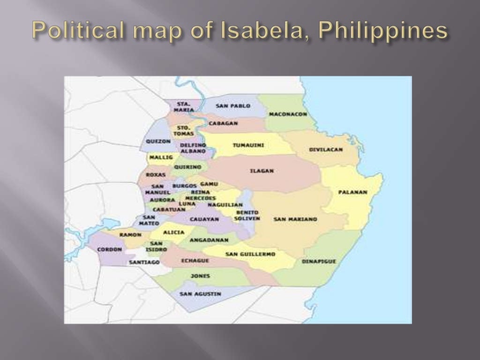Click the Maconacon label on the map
[x=288, y=114]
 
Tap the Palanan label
[x=352, y=192]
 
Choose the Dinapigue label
[x=319, y=261]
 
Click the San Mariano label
[x=295, y=219]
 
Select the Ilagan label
[x=262, y=171]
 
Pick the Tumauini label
[x=248, y=145]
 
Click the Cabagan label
[x=223, y=123]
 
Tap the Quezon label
[x=158, y=141]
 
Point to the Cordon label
[x=109, y=249]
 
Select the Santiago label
[x=144, y=262]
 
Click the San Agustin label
[x=200, y=294]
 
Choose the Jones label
[x=201, y=276]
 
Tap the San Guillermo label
[x=250, y=254]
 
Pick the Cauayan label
[x=204, y=219]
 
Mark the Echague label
[x=195, y=260]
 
